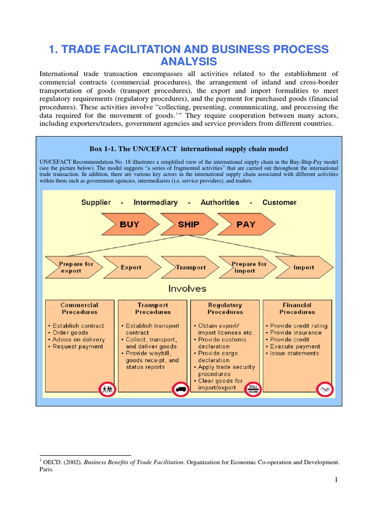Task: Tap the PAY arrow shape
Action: pyautogui.click(x=245, y=224)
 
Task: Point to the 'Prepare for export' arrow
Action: pyautogui.click(x=75, y=267)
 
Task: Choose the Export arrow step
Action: pyautogui.click(x=130, y=267)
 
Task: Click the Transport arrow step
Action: pyautogui.click(x=190, y=267)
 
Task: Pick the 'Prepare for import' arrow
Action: pyautogui.click(x=248, y=267)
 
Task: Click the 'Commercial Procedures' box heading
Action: pyautogui.click(x=79, y=309)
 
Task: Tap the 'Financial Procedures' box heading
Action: pyautogui.click(x=297, y=309)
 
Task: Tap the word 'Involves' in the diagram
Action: pyautogui.click(x=188, y=289)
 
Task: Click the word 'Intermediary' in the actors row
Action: pyautogui.click(x=156, y=203)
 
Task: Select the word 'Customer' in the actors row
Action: pyautogui.click(x=280, y=203)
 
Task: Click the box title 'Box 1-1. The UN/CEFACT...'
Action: pyautogui.click(x=189, y=149)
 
